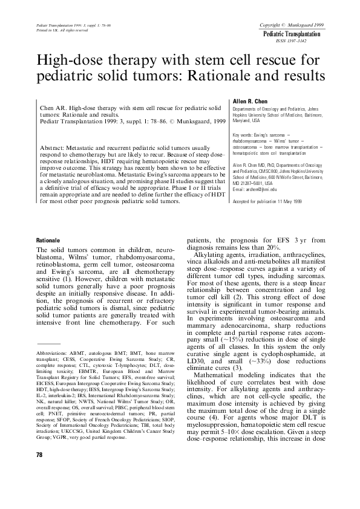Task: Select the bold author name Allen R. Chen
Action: (x=251, y=101)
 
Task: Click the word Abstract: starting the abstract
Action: (x=54, y=148)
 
